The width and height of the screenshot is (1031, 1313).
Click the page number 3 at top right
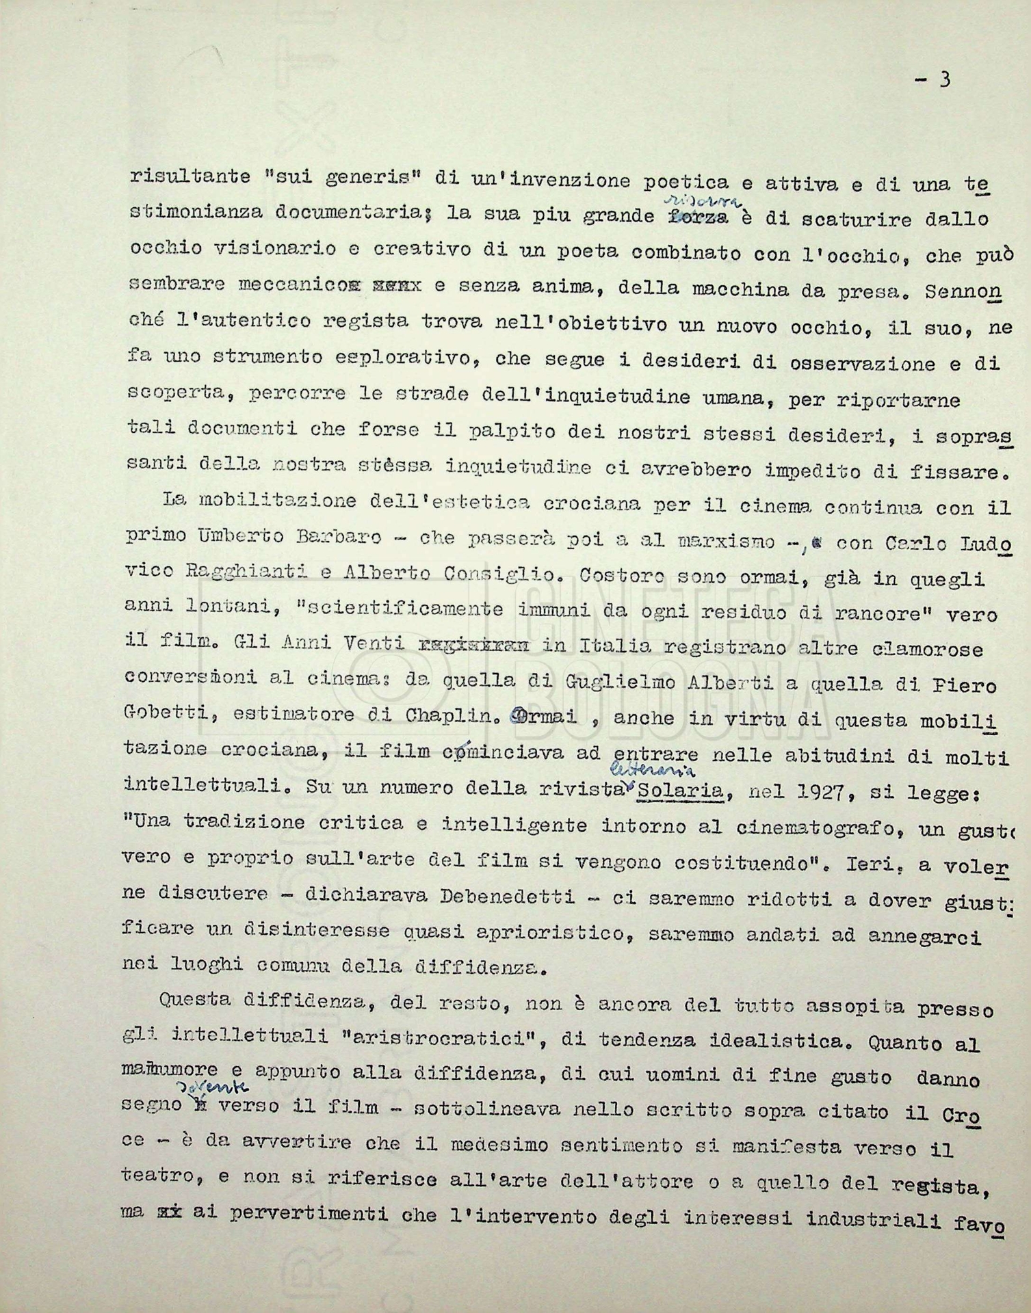coord(943,81)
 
